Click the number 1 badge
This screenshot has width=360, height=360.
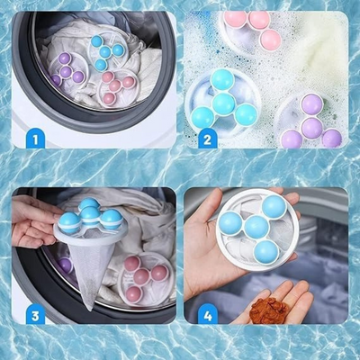point(35,139)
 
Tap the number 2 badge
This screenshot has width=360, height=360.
point(207,139)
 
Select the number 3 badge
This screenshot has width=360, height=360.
point(35,315)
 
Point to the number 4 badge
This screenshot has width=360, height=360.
point(207,315)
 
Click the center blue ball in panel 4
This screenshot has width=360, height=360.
point(256,227)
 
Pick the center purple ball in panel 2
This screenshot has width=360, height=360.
point(311,127)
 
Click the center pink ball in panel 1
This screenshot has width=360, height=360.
point(114,85)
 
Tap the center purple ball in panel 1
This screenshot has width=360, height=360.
point(66,71)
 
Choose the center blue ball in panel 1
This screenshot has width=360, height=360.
point(105,52)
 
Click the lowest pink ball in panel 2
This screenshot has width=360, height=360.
point(271,40)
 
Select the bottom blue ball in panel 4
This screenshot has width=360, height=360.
point(265,251)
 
